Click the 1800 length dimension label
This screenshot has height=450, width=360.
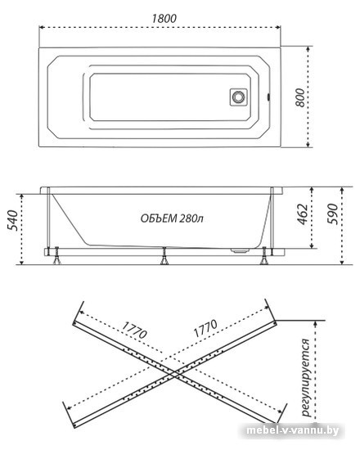tap(164, 19)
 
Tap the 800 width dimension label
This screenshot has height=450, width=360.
tap(300, 97)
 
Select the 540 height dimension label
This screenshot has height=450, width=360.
tap(12, 220)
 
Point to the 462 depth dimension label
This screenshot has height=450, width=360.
tap(303, 214)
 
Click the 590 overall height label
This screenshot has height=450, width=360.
tap(332, 214)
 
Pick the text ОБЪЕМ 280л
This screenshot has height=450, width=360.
tap(173, 218)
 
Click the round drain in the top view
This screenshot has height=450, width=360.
tap(238, 97)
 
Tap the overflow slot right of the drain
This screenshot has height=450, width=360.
tap(268, 97)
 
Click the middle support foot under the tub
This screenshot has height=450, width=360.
tap(164, 256)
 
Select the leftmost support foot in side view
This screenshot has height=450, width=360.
tap(56, 256)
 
